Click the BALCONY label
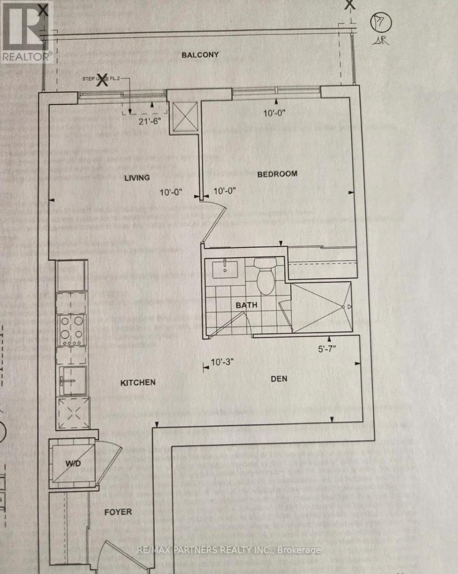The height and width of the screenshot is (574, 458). coord(200,55)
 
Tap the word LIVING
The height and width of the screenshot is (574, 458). coord(137,178)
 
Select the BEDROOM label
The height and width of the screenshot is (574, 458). coord(277,174)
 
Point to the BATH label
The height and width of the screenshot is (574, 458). coord(246,305)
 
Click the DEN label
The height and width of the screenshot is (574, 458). coord(279,379)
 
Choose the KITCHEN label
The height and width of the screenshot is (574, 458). coord(138,383)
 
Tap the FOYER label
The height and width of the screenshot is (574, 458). coord(118,512)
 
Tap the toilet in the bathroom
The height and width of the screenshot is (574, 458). coord(264,276)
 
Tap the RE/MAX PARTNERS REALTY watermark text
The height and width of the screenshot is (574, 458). coord(229,550)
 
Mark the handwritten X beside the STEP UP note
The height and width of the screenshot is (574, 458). coord(102,81)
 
